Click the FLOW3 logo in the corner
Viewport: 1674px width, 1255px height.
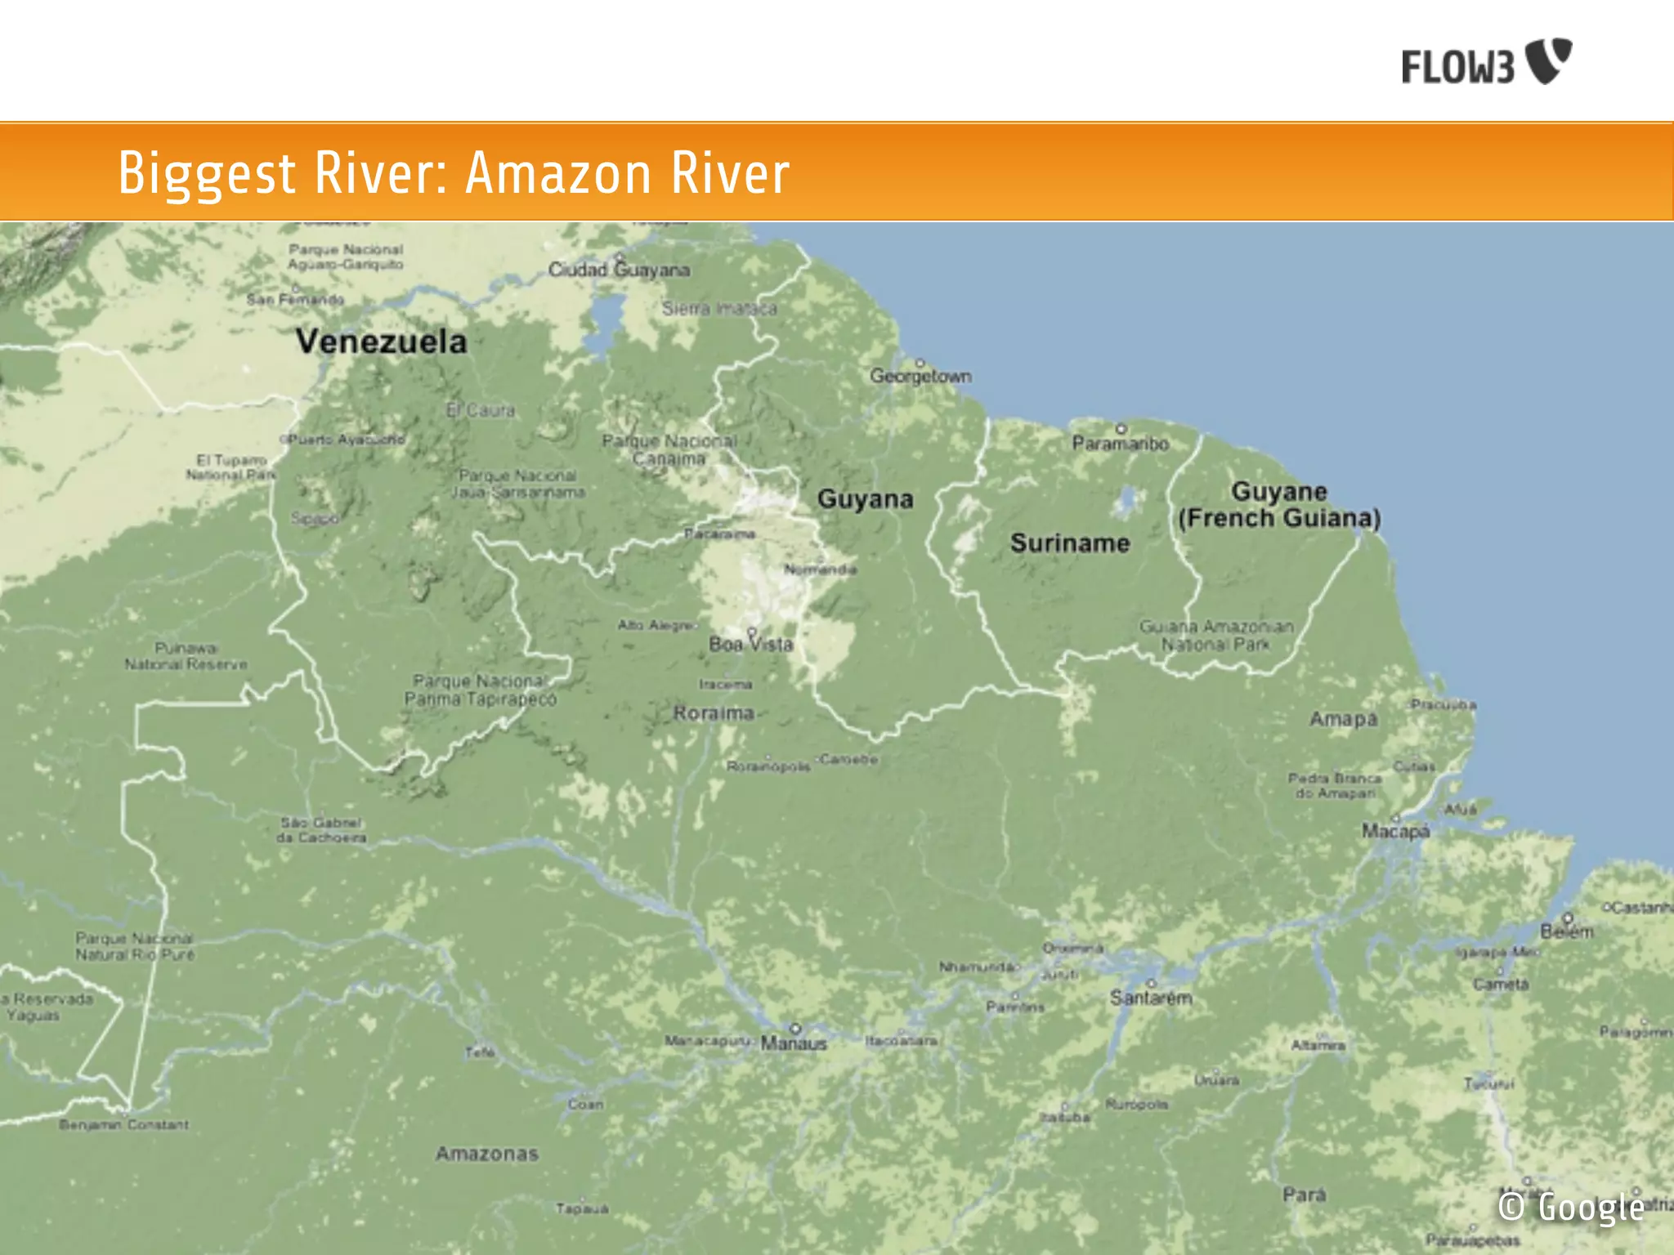click(x=1486, y=62)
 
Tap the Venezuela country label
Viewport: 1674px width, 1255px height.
click(x=381, y=342)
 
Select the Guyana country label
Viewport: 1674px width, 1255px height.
click(x=865, y=499)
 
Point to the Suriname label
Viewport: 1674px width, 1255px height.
click(x=1069, y=543)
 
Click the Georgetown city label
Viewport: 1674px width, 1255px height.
click(x=920, y=376)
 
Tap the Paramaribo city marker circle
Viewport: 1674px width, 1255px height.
click(x=1121, y=428)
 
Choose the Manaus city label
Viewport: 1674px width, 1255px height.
click(x=794, y=1043)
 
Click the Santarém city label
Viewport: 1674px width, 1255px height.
click(x=1151, y=998)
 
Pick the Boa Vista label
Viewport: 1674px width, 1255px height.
click(x=750, y=645)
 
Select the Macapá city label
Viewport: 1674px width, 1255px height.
click(x=1395, y=831)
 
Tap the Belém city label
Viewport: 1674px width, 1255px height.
click(x=1567, y=931)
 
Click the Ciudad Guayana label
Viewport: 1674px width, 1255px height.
click(x=619, y=270)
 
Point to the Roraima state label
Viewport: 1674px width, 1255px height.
click(x=714, y=713)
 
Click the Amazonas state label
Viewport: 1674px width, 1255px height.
click(x=487, y=1154)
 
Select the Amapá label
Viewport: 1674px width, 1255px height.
click(x=1343, y=719)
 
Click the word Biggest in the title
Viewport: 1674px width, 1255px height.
click(x=207, y=173)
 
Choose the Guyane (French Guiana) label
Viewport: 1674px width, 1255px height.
click(x=1279, y=505)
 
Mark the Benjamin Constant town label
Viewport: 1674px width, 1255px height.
click(x=123, y=1125)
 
